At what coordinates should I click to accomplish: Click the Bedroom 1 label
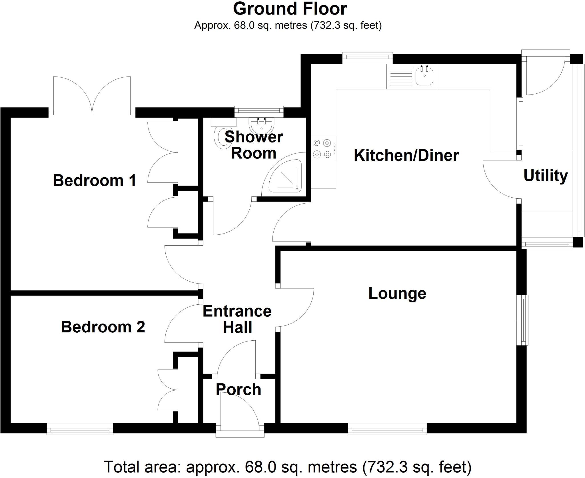(95, 180)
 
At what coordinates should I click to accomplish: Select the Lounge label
(397, 293)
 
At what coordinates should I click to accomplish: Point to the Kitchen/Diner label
(406, 155)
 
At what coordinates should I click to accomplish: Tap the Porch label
(238, 389)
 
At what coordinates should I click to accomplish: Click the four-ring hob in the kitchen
(322, 148)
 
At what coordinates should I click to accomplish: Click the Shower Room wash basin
(261, 125)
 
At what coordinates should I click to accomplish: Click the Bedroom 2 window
(80, 429)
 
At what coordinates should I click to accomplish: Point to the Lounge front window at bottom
(387, 429)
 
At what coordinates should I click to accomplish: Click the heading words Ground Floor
(290, 9)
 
